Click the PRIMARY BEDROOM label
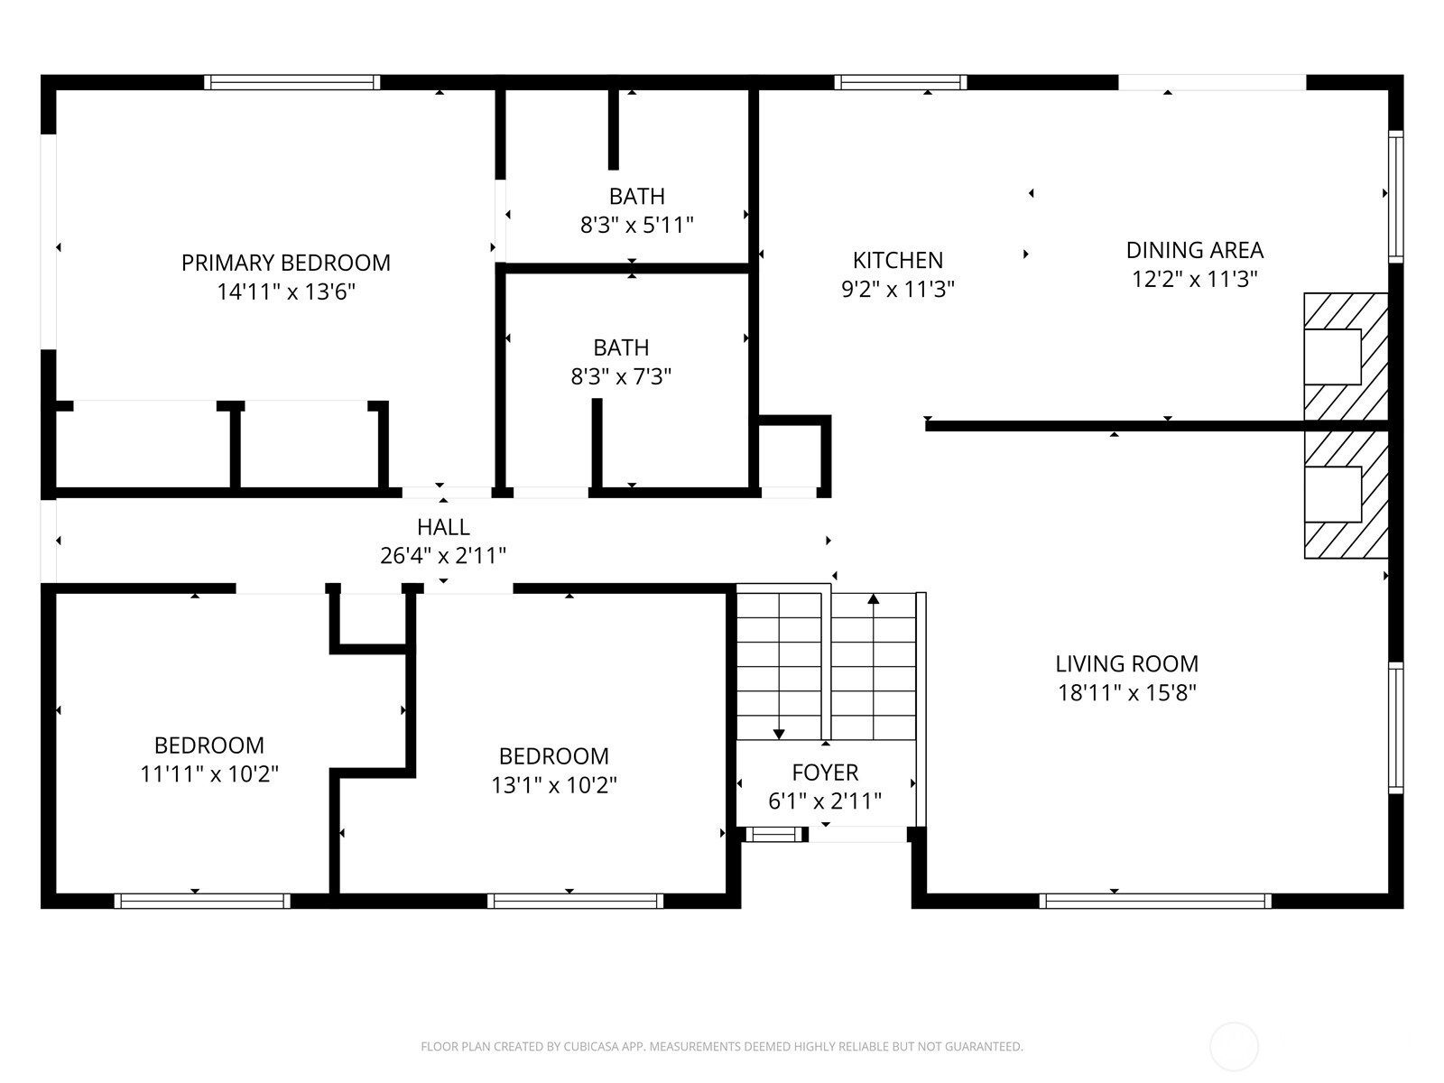click(x=285, y=263)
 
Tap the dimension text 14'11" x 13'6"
click(x=286, y=292)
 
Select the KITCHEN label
click(x=898, y=261)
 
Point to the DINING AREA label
click(x=1195, y=251)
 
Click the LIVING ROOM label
click(x=1127, y=664)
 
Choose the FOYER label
click(x=825, y=772)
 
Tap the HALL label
click(x=443, y=527)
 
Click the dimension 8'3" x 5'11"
click(x=637, y=225)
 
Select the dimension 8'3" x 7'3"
click(x=621, y=376)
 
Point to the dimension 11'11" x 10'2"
click(x=209, y=774)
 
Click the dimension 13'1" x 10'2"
click(x=554, y=784)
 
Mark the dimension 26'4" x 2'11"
click(x=443, y=556)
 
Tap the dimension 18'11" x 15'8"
click(x=1127, y=692)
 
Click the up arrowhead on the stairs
click(x=874, y=598)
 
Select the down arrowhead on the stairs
click(x=779, y=734)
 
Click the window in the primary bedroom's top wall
click(x=292, y=82)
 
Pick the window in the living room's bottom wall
click(x=1155, y=900)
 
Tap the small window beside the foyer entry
click(x=774, y=835)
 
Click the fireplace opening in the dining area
click(x=1332, y=356)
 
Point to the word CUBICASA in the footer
click(x=592, y=1046)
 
